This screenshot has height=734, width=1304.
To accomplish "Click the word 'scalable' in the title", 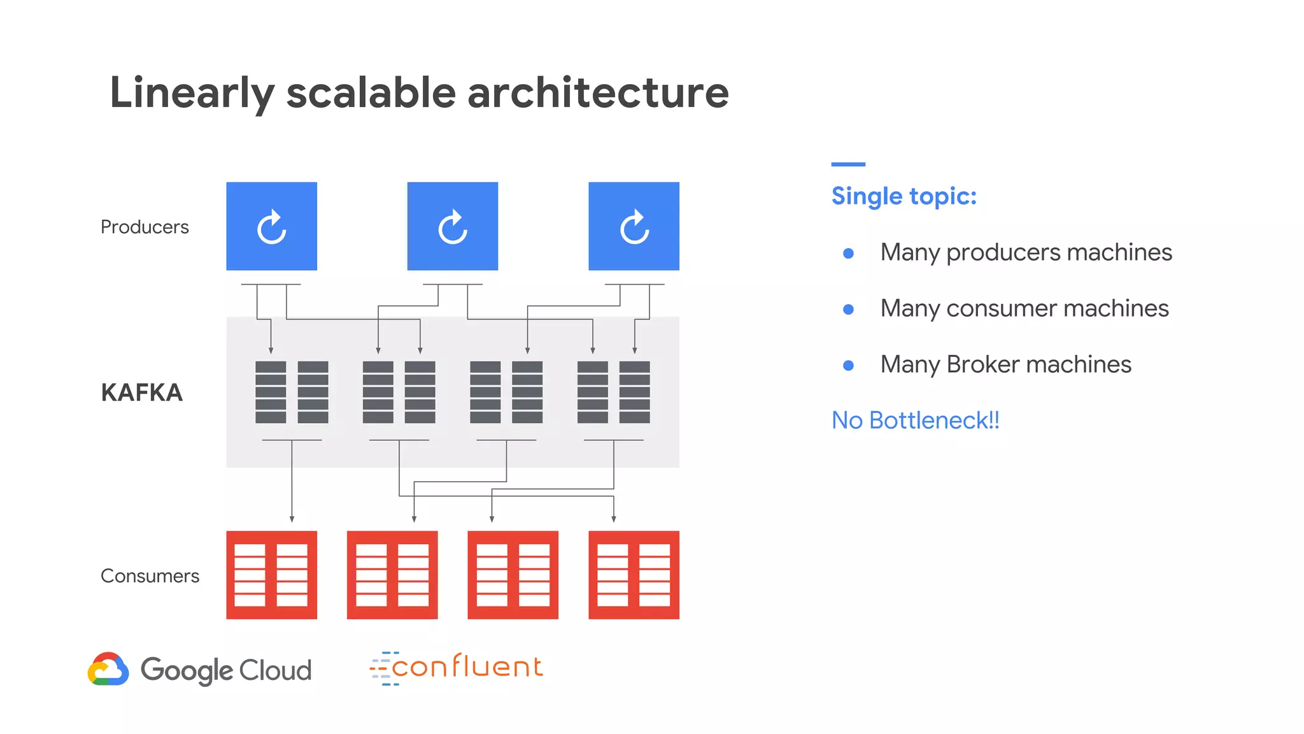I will pos(371,93).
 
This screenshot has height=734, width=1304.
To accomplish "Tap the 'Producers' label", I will pos(145,227).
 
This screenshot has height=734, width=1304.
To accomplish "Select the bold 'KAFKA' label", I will pos(142,392).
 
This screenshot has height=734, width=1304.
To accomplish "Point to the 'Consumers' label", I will pos(150,576).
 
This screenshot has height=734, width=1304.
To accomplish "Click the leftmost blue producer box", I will pos(272,226).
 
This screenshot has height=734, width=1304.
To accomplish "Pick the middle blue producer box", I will pos(453,226).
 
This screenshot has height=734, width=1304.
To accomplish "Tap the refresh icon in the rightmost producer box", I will pos(634,227).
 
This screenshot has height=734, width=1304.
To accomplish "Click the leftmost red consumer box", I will pos(272,575).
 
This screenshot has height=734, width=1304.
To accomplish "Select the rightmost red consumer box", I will pos(634,575).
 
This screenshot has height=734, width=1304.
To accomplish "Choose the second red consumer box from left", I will pos(392,575).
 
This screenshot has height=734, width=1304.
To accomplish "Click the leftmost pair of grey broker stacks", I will pos(292,392).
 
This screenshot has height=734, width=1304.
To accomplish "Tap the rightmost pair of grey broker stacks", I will pos(613,392).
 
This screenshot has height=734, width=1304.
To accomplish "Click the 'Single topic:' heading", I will pos(904,196).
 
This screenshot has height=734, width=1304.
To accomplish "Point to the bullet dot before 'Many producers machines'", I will pos(848,254).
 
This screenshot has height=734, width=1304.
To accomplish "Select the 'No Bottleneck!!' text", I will pos(915,421).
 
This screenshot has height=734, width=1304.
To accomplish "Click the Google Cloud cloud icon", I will pos(108,669).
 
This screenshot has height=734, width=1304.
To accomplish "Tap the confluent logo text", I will pos(467,667).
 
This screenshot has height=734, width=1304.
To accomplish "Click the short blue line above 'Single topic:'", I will pos(848,164).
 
